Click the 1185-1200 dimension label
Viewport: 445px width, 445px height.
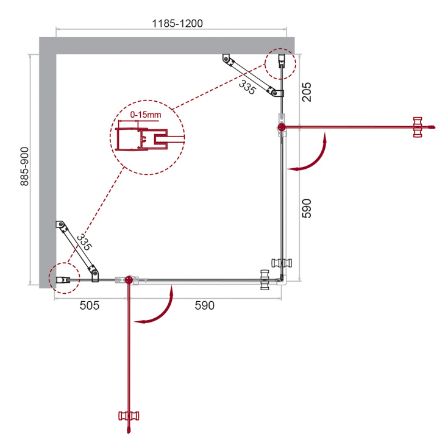177,23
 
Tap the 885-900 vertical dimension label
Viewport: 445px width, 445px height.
25,166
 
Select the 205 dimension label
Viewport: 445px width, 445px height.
307,92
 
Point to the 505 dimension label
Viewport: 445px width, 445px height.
90,305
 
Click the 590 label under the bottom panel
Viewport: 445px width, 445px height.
205,305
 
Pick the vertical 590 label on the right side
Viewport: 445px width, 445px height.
307,208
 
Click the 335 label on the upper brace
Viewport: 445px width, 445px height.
247,87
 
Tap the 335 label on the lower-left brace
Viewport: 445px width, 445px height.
84,242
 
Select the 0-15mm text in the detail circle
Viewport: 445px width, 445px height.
146,115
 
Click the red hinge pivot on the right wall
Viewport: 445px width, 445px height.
282,127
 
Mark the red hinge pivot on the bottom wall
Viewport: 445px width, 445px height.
129,280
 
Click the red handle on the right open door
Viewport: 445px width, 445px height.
418,127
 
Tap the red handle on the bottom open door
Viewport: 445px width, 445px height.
129,416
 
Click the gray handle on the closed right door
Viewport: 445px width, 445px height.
282,263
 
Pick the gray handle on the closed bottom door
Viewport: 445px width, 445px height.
265,280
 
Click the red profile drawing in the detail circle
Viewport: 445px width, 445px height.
142,139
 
